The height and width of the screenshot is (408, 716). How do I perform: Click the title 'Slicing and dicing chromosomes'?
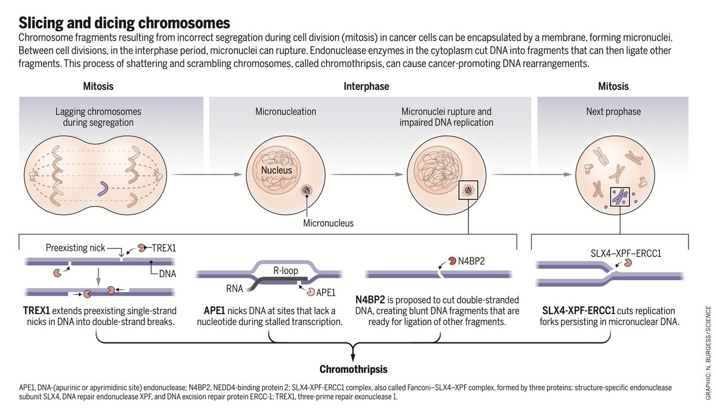(x=124, y=23)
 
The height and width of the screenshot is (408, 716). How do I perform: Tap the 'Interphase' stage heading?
(x=366, y=87)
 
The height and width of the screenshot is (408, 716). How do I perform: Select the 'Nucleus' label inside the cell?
(x=276, y=171)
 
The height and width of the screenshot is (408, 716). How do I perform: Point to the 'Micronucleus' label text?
(x=328, y=223)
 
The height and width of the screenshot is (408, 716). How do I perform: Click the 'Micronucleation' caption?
(x=286, y=112)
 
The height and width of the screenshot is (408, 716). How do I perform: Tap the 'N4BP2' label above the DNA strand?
(x=469, y=260)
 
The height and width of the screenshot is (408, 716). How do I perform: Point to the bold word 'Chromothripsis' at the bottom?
(x=353, y=369)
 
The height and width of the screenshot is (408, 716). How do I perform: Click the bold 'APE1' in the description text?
(x=216, y=311)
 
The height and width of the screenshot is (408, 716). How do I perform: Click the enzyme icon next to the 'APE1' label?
(x=312, y=292)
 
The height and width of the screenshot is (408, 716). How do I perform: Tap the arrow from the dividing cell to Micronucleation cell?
(x=206, y=174)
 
